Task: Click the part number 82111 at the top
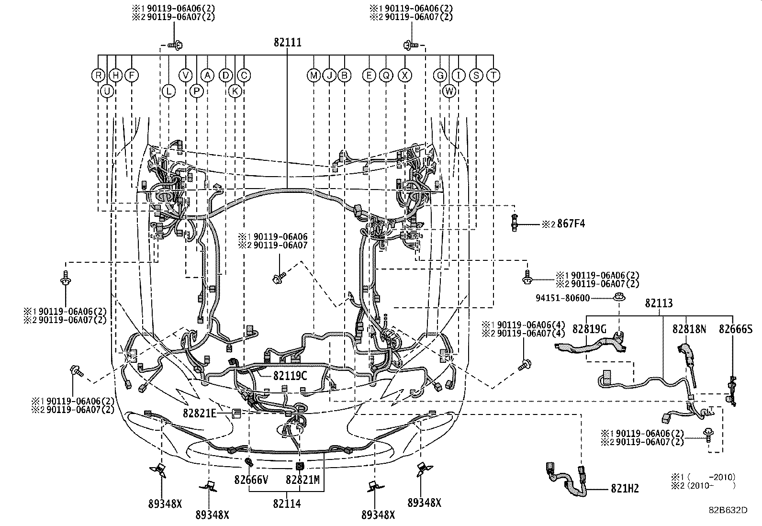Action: point(287,43)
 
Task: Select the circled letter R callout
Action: point(98,75)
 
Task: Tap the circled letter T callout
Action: point(493,75)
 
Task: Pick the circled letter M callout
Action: point(314,75)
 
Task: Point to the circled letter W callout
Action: point(449,91)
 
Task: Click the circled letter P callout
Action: point(196,91)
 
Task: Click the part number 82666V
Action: point(251,479)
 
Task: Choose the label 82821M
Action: point(303,479)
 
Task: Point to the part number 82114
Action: point(287,503)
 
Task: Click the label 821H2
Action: point(624,488)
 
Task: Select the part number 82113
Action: point(659,303)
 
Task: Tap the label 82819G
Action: point(589,329)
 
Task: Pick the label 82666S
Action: point(736,329)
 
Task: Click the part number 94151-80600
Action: point(562,298)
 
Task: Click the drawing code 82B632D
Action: point(728,511)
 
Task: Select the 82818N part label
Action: point(689,329)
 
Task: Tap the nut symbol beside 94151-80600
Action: point(619,297)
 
